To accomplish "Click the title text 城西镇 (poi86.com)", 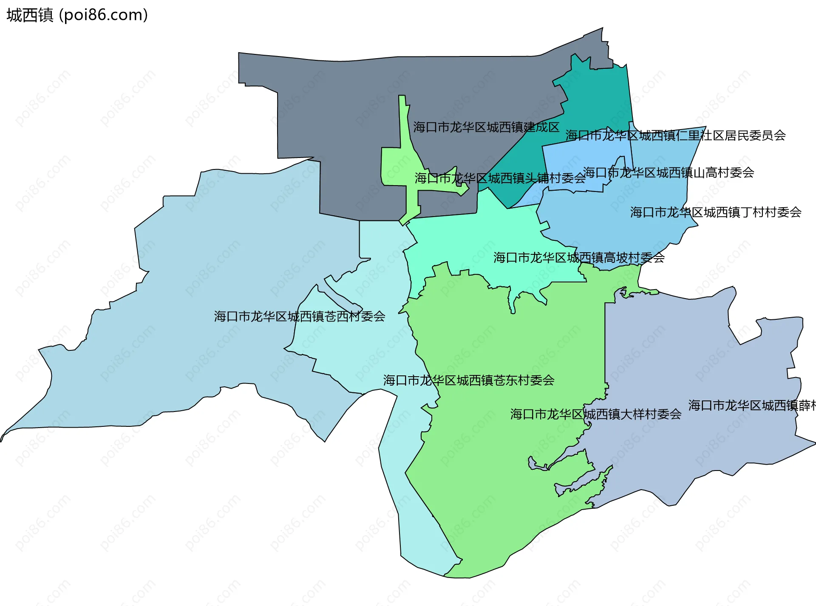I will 77,15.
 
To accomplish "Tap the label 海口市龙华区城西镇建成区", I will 486,127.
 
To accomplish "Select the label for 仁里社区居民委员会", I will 675,135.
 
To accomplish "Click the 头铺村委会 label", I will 500,178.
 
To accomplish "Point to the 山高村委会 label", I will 669,172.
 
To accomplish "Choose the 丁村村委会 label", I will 716,212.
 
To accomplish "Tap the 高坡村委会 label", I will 579,257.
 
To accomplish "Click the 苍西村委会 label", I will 300,316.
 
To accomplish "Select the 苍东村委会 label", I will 469,380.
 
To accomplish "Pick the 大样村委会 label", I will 596,414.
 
